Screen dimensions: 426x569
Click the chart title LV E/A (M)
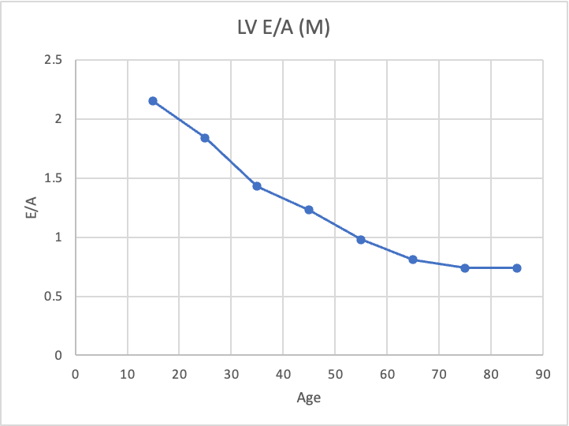(x=284, y=29)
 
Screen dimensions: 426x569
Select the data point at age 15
(x=153, y=101)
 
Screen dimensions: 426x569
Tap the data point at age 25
(x=205, y=138)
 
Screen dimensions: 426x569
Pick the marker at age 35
(x=257, y=186)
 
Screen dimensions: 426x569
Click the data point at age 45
(x=309, y=210)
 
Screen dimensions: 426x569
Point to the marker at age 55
(x=361, y=240)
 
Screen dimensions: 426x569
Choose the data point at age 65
(x=413, y=260)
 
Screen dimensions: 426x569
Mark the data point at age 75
(x=465, y=268)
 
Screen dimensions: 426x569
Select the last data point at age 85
(x=517, y=268)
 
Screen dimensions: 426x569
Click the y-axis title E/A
(x=29, y=207)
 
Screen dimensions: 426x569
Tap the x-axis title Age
(x=308, y=398)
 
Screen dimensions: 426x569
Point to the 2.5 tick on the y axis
(x=54, y=60)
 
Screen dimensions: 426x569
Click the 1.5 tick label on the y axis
(x=54, y=178)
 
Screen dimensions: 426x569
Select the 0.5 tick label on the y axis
(x=54, y=297)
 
